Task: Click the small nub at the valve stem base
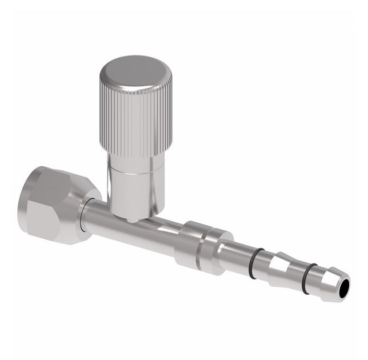(131, 219)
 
